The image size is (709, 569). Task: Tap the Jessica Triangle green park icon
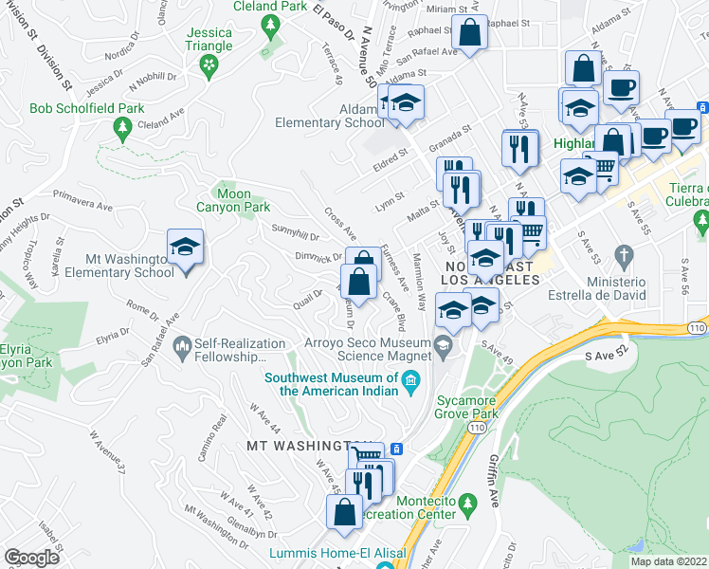tap(209, 64)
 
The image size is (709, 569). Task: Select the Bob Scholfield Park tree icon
tap(122, 127)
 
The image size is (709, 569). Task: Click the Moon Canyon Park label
tap(232, 200)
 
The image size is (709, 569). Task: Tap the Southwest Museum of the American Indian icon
tap(410, 383)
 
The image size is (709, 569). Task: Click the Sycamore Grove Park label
tap(466, 407)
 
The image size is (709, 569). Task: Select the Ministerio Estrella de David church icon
tap(623, 255)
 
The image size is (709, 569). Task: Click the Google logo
tap(31, 558)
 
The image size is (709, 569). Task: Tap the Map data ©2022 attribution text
tap(669, 561)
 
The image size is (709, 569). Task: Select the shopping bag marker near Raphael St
tap(468, 34)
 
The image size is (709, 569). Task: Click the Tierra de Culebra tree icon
tap(702, 224)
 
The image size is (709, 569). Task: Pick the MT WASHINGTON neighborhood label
tap(296, 445)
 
